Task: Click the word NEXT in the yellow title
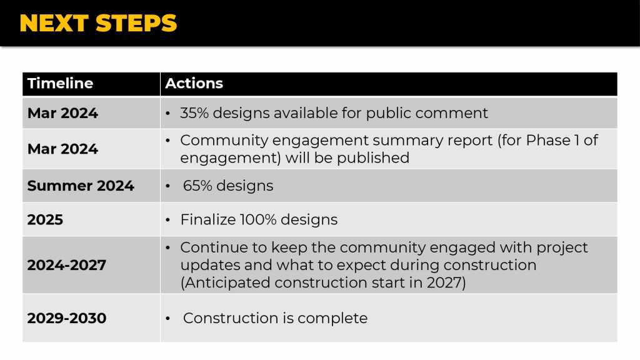pyautogui.click(x=54, y=23)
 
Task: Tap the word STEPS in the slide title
pyautogui.click(x=136, y=23)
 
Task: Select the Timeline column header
pyautogui.click(x=61, y=83)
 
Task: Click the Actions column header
pyautogui.click(x=194, y=83)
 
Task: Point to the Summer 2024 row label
pyautogui.click(x=81, y=186)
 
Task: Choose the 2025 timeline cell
pyautogui.click(x=45, y=219)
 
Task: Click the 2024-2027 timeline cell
pyautogui.click(x=66, y=265)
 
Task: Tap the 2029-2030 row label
pyautogui.click(x=66, y=318)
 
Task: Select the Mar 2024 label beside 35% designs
pyautogui.click(x=62, y=113)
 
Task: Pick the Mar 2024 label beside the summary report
pyautogui.click(x=62, y=149)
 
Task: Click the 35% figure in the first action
pyautogui.click(x=194, y=113)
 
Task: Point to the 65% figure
pyautogui.click(x=197, y=186)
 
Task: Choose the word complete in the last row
pyautogui.click(x=332, y=318)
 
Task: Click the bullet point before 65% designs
pyautogui.click(x=167, y=186)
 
